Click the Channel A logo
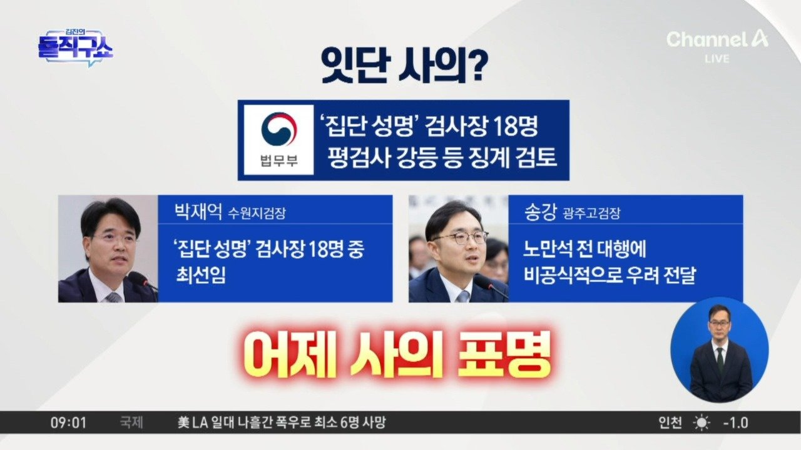click(x=717, y=39)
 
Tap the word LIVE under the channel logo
click(x=717, y=59)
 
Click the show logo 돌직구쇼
click(x=76, y=48)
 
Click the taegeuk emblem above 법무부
click(x=279, y=129)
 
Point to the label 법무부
click(x=279, y=161)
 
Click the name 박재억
click(x=198, y=212)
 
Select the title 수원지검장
click(x=257, y=214)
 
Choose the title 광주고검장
click(x=591, y=214)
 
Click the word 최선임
click(x=201, y=276)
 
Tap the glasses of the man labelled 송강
click(x=460, y=238)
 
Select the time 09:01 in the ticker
click(x=68, y=423)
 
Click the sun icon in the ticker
click(x=702, y=423)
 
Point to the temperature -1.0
click(x=735, y=423)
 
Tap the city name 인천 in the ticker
click(x=670, y=423)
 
